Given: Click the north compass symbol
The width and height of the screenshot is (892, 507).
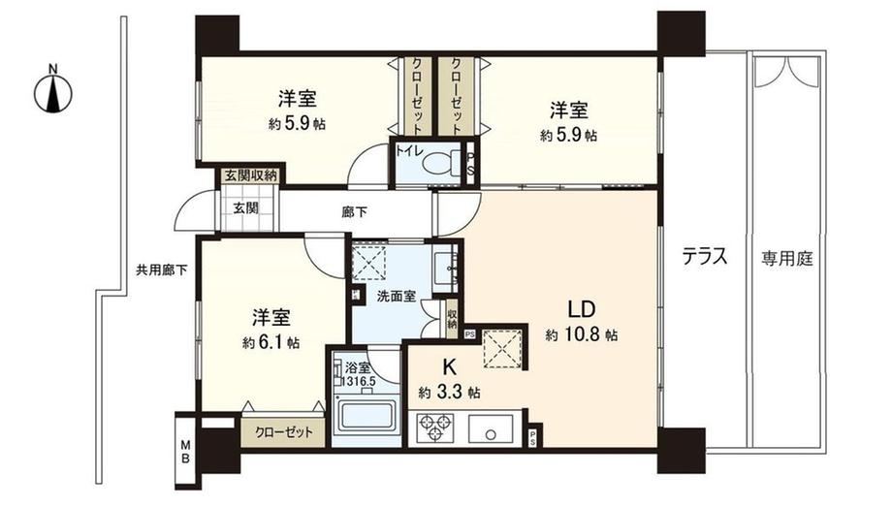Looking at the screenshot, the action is point(53,92).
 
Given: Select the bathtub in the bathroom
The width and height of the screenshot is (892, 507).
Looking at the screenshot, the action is point(366,417).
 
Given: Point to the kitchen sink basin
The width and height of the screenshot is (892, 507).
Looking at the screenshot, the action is point(491,428).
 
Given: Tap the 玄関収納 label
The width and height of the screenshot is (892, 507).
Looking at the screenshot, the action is point(250,175).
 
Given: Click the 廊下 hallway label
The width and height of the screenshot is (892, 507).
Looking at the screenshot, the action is point(355,213).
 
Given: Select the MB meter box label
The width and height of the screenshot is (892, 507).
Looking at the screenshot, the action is point(185,451).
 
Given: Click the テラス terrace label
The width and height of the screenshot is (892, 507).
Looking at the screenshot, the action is point(705,257).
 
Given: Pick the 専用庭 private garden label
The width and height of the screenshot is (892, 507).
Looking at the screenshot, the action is point(787,259).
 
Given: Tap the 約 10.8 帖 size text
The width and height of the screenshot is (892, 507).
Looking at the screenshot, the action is point(582,334).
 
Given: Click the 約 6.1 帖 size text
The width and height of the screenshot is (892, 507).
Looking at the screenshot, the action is point(271,342).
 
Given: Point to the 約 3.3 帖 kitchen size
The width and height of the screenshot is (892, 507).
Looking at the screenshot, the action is point(449,392).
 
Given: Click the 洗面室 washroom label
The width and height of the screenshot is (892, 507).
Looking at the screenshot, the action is point(397,297).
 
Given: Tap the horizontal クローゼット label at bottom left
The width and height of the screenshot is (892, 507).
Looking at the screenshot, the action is point(284,432).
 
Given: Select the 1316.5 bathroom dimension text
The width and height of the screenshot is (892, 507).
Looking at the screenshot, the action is point(358,379).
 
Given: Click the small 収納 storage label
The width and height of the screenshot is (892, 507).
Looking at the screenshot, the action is point(452,319).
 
